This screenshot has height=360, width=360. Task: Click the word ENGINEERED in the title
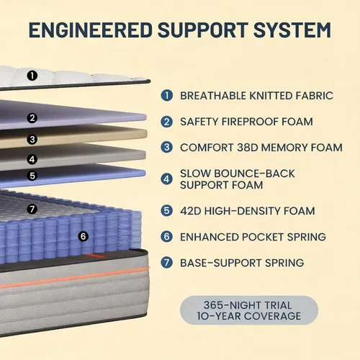(x=91, y=30)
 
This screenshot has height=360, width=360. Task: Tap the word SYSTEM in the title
(x=292, y=30)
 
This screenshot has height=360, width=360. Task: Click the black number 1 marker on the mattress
(x=32, y=76)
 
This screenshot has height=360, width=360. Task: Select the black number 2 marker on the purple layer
(x=32, y=118)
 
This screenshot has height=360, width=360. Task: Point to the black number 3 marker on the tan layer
(x=32, y=139)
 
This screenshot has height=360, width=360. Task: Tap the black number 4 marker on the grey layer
(x=32, y=159)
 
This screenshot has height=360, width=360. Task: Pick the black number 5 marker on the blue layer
(x=32, y=176)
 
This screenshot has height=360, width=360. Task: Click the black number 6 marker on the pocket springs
(x=83, y=237)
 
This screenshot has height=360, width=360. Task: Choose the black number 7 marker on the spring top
(x=32, y=209)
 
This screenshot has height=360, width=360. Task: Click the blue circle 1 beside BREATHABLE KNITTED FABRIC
(x=166, y=96)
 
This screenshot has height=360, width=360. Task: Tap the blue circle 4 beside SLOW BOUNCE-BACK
(x=166, y=179)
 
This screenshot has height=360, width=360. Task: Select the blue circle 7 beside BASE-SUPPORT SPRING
(x=166, y=263)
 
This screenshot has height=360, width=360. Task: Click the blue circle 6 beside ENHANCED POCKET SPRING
(x=166, y=237)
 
